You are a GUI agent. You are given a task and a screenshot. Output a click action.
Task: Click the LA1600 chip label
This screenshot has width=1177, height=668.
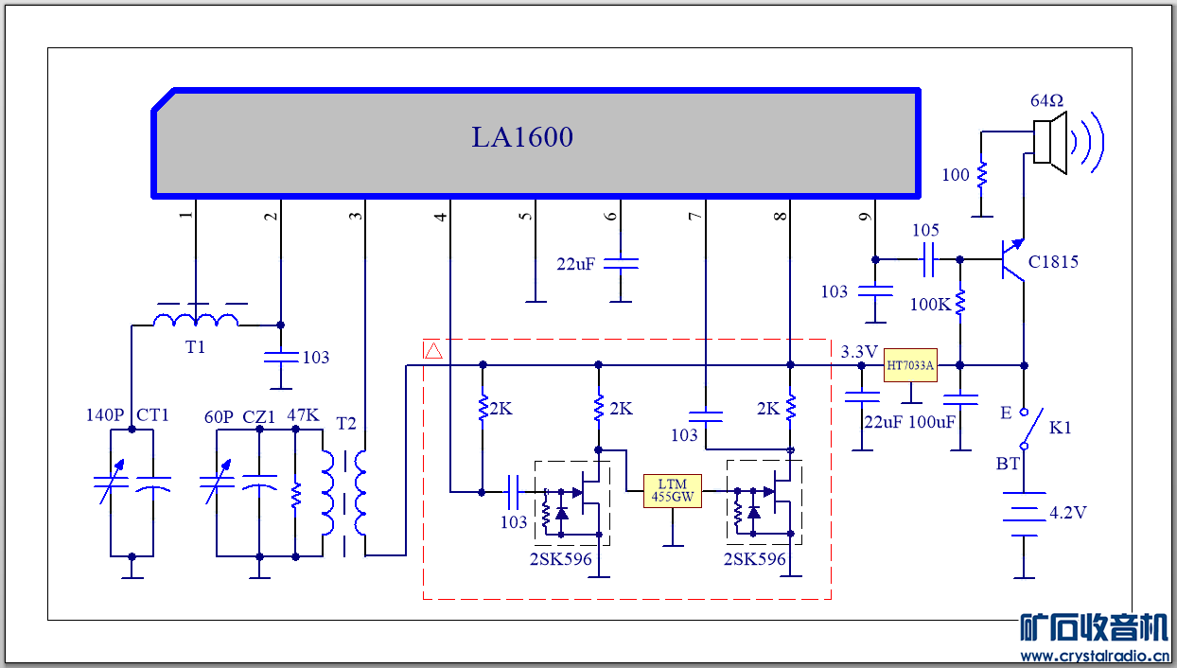pyautogui.click(x=522, y=138)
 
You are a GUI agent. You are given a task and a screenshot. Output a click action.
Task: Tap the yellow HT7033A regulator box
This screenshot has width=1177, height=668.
pyautogui.click(x=910, y=365)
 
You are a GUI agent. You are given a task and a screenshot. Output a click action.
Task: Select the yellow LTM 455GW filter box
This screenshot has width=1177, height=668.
pyautogui.click(x=673, y=490)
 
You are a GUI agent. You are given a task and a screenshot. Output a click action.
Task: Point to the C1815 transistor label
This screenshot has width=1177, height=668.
pyautogui.click(x=1053, y=262)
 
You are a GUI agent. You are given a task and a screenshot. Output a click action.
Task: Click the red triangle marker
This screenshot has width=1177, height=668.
pyautogui.click(x=433, y=351)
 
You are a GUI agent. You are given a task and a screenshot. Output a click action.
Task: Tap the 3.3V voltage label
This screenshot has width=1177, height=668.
pyautogui.click(x=859, y=352)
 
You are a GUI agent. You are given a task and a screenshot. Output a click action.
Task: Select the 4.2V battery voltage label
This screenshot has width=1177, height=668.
pyautogui.click(x=1068, y=514)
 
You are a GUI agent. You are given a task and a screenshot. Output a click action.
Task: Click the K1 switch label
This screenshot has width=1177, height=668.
pyautogui.click(x=1061, y=428)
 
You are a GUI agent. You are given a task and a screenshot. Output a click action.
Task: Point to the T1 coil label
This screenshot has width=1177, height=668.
pyautogui.click(x=195, y=347)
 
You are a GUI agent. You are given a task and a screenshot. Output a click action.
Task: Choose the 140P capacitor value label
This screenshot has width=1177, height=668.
pyautogui.click(x=105, y=415)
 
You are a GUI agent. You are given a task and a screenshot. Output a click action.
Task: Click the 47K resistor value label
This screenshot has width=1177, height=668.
pyautogui.click(x=303, y=415)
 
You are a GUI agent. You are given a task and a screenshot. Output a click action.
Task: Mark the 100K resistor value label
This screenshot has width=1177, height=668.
pyautogui.click(x=931, y=305)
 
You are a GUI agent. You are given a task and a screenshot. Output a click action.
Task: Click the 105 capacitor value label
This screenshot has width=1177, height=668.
pyautogui.click(x=925, y=231)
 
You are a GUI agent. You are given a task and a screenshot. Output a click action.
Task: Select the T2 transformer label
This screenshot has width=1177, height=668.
pyautogui.click(x=346, y=423)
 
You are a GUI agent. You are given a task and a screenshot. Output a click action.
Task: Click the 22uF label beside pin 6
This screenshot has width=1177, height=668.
pyautogui.click(x=575, y=264)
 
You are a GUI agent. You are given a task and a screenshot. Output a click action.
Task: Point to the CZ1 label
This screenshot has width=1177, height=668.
pyautogui.click(x=259, y=416)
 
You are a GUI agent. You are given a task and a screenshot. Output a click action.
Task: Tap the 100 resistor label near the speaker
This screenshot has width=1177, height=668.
pyautogui.click(x=956, y=175)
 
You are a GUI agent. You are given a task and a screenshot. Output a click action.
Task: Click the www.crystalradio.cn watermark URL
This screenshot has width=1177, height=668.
pyautogui.click(x=1094, y=656)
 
